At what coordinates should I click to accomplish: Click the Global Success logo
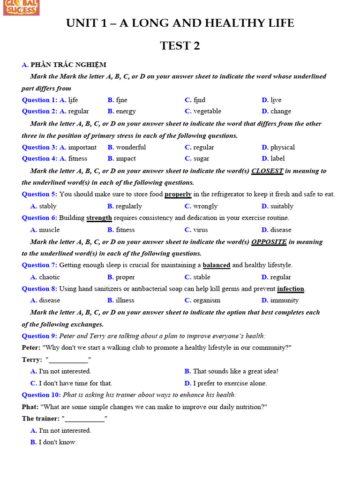[x=21, y=7]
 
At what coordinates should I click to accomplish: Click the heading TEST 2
[x=180, y=45]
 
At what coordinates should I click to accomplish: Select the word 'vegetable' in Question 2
[x=207, y=112]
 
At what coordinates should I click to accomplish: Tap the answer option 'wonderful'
[x=131, y=147]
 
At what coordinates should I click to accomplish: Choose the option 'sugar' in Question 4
[x=201, y=159]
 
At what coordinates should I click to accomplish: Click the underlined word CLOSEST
[x=267, y=171]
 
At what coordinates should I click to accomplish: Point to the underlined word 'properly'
[x=178, y=195]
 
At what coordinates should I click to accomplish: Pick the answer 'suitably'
[x=282, y=206]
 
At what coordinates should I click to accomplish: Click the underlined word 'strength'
[x=99, y=218]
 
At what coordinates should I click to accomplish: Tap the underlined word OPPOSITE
[x=269, y=242]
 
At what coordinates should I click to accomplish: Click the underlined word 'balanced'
[x=216, y=265]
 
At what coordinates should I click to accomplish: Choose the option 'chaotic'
[x=49, y=277]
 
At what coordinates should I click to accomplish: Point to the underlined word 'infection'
[x=291, y=289]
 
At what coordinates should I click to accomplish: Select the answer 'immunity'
[x=284, y=300]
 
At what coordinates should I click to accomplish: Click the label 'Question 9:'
[x=39, y=336]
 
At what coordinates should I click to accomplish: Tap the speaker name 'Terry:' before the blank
[x=32, y=360]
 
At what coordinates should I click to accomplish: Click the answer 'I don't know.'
[x=58, y=442]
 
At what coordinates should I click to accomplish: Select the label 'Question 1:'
[x=39, y=100]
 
